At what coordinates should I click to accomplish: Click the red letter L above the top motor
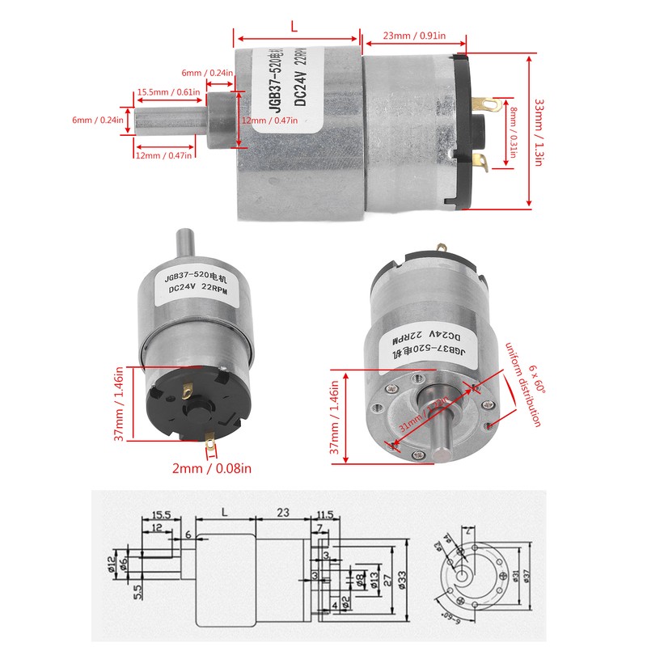(x=294, y=26)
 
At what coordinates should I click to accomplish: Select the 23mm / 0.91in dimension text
(x=413, y=36)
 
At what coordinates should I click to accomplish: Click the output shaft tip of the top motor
(x=137, y=121)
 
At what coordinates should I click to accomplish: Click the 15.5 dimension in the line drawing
(x=160, y=515)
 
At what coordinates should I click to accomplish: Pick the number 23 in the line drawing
(x=283, y=514)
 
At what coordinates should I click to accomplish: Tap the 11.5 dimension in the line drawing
(x=325, y=514)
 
